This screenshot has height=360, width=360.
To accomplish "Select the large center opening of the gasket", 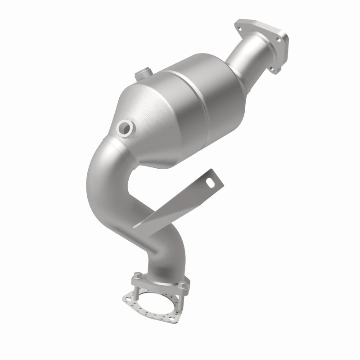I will click(x=157, y=304).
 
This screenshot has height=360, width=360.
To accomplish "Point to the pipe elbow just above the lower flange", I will click(x=157, y=256).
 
